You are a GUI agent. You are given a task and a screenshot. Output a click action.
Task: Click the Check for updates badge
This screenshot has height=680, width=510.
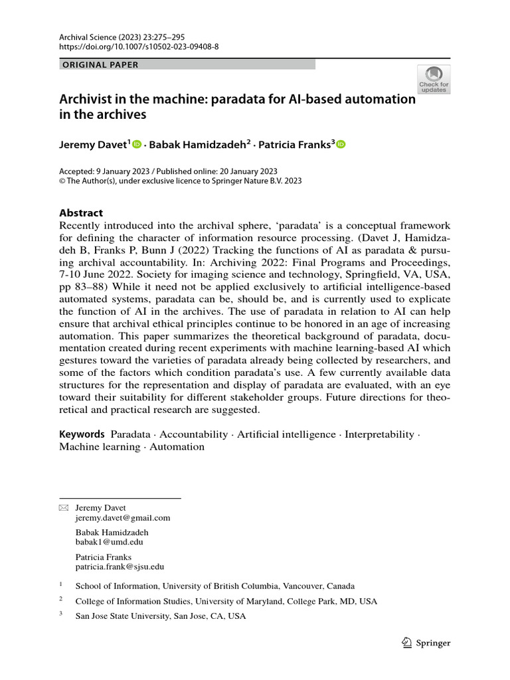click(434, 79)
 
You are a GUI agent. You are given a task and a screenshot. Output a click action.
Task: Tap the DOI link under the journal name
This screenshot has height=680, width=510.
click(139, 48)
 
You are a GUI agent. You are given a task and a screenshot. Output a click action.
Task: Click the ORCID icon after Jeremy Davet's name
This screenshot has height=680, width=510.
click(137, 144)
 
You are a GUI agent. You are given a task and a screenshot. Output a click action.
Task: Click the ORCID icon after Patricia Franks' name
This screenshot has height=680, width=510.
click(341, 144)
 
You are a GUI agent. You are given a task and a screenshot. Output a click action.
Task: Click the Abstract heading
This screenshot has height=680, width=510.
click(81, 213)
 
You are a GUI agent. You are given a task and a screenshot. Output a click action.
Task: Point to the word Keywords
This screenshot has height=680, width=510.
click(82, 434)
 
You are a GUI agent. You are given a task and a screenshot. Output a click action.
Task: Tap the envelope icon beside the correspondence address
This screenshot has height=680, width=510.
click(64, 508)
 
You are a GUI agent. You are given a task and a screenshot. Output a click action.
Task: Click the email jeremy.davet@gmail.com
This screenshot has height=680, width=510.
click(123, 518)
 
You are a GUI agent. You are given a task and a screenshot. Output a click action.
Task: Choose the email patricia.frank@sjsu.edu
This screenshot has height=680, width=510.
click(120, 567)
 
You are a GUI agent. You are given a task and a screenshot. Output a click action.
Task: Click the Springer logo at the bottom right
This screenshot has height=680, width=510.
click(427, 643)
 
